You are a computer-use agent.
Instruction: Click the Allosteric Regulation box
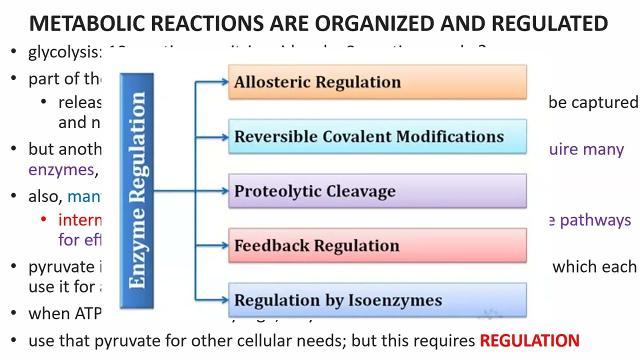click(377, 82)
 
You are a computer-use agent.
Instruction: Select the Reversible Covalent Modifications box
click(377, 136)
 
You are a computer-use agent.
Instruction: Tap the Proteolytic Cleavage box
click(377, 191)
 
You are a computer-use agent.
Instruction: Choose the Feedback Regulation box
click(377, 245)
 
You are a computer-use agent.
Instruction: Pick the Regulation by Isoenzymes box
click(377, 300)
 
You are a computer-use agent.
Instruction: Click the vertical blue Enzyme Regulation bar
click(136, 190)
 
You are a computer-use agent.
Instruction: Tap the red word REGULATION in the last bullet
click(529, 341)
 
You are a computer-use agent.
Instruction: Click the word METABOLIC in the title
click(87, 23)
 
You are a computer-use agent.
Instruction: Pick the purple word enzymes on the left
click(61, 170)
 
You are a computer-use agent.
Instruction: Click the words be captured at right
click(593, 102)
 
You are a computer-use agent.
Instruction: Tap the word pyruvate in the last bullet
click(125, 341)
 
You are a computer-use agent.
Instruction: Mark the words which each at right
click(594, 267)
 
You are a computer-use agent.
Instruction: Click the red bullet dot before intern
click(44, 220)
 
